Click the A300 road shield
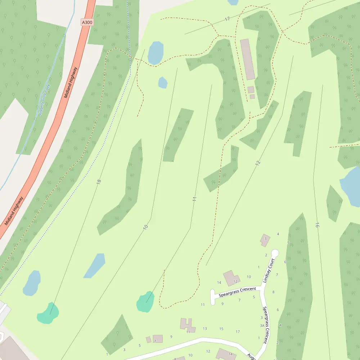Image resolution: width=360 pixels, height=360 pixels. [x=87, y=22]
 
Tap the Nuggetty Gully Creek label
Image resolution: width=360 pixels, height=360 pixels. [x=45, y=100]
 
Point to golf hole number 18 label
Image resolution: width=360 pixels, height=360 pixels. [x=99, y=182]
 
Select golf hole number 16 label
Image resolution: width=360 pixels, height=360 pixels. [x=317, y=225]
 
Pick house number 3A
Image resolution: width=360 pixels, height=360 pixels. [x=262, y=325]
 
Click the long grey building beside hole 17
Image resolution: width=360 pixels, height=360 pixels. [x=247, y=59]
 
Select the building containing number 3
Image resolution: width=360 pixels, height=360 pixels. [x=265, y=240]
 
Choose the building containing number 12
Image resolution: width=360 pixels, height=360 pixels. [x=231, y=278]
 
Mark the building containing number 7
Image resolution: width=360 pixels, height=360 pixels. [x=157, y=339]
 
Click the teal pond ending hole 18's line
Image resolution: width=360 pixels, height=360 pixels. [x=48, y=313]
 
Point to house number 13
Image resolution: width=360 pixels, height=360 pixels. [x=205, y=328]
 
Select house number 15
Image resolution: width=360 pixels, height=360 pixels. [x=221, y=329]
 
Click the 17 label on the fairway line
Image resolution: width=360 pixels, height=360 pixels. [x=227, y=19]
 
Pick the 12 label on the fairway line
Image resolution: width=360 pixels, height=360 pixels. [x=257, y=163]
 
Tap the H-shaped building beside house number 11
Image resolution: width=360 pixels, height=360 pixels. [x=187, y=324]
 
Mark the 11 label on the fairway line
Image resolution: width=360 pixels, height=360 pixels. [x=195, y=199]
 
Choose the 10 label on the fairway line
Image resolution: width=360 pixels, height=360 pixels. [x=145, y=227]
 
